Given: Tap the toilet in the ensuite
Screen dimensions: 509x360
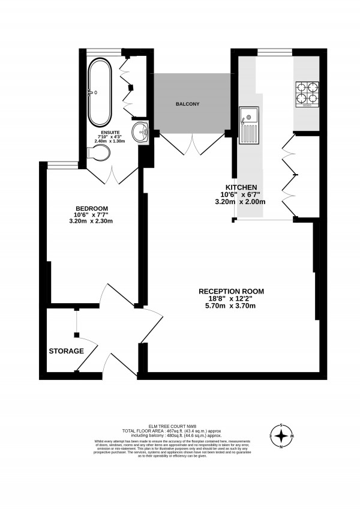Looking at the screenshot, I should coord(98,154).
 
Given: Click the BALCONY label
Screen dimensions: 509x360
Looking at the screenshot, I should coord(187,104).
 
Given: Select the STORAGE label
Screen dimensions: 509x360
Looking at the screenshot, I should coord(67,351).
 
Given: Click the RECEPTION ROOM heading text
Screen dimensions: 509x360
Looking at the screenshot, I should coord(231,292).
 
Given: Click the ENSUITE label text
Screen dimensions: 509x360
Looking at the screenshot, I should coord(110,132).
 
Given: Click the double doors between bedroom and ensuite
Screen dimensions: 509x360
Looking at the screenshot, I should coord(113,174).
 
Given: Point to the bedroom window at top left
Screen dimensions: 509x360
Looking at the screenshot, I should coord(62,164).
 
